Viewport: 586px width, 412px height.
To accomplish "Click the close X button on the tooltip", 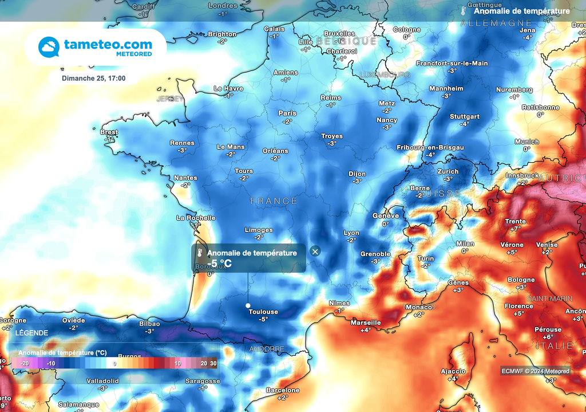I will pos(315,251).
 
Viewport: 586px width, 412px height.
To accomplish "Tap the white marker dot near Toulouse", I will pos(248,305).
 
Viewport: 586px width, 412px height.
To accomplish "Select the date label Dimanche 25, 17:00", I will pos(94,79).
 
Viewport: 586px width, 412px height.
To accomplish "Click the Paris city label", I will pos(287,113).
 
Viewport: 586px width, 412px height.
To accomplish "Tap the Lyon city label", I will pos(351,233).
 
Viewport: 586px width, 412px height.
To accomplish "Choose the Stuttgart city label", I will pos(464,116).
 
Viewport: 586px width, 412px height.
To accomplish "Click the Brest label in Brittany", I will pos(109,132).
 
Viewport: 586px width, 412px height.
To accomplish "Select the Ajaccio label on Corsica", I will pos(453,371).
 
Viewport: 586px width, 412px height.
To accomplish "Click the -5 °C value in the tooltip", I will pos(220,264).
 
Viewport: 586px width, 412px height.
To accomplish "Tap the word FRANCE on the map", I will pos(274,201).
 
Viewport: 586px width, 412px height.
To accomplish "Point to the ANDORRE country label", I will pos(266,348).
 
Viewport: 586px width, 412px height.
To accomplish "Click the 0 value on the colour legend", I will pos(114,363).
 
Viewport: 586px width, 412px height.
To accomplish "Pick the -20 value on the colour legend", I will pos(25,363).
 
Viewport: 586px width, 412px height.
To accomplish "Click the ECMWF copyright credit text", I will pos(536,371).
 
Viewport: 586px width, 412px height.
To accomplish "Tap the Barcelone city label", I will pos(283,390).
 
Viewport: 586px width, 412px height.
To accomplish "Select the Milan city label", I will pos(465,244).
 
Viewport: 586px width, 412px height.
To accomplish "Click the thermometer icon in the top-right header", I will pos(463,11).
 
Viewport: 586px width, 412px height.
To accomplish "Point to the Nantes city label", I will pos(185,178).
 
